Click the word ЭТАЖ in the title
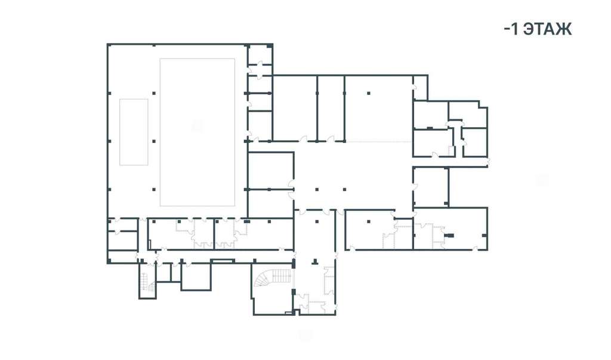tap(548, 29)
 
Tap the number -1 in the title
tap(511, 29)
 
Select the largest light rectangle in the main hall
tap(197, 132)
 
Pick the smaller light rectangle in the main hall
tap(134, 132)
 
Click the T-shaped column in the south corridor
tap(317, 261)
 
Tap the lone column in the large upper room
tap(369, 93)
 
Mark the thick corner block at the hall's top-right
tap(269, 46)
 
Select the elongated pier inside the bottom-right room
tap(449, 235)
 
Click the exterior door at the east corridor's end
tap(488, 162)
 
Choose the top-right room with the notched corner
tap(468, 114)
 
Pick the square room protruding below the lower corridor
tap(196, 276)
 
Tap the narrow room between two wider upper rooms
tap(331, 108)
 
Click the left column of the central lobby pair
tap(317, 190)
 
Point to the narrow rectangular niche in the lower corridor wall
tap(223, 261)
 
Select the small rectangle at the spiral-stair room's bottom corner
tap(288, 313)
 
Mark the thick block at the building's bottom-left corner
tap(109, 261)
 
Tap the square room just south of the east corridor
tap(431, 187)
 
